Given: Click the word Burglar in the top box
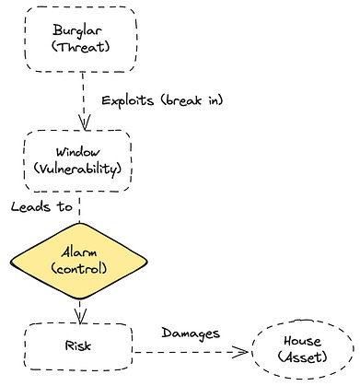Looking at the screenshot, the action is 77,31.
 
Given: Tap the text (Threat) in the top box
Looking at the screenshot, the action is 80,47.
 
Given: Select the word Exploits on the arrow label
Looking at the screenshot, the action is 128,101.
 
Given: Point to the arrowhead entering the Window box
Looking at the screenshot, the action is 85,123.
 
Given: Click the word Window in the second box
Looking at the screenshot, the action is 78,152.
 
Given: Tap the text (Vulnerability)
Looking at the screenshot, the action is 77,170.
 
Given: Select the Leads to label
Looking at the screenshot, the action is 41,206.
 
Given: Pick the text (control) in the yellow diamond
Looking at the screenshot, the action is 79,268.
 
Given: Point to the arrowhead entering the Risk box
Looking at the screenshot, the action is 80,316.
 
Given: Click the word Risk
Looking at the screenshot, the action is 78,345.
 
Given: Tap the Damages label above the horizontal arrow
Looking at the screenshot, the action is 191,333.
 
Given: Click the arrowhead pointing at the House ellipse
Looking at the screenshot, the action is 240,352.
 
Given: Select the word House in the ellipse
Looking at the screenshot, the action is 302,341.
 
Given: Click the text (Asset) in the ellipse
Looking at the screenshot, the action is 302,357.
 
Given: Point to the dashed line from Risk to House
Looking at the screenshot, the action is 191,352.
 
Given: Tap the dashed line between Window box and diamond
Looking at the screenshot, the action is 79,207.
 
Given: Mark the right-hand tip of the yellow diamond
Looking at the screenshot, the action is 147,262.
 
